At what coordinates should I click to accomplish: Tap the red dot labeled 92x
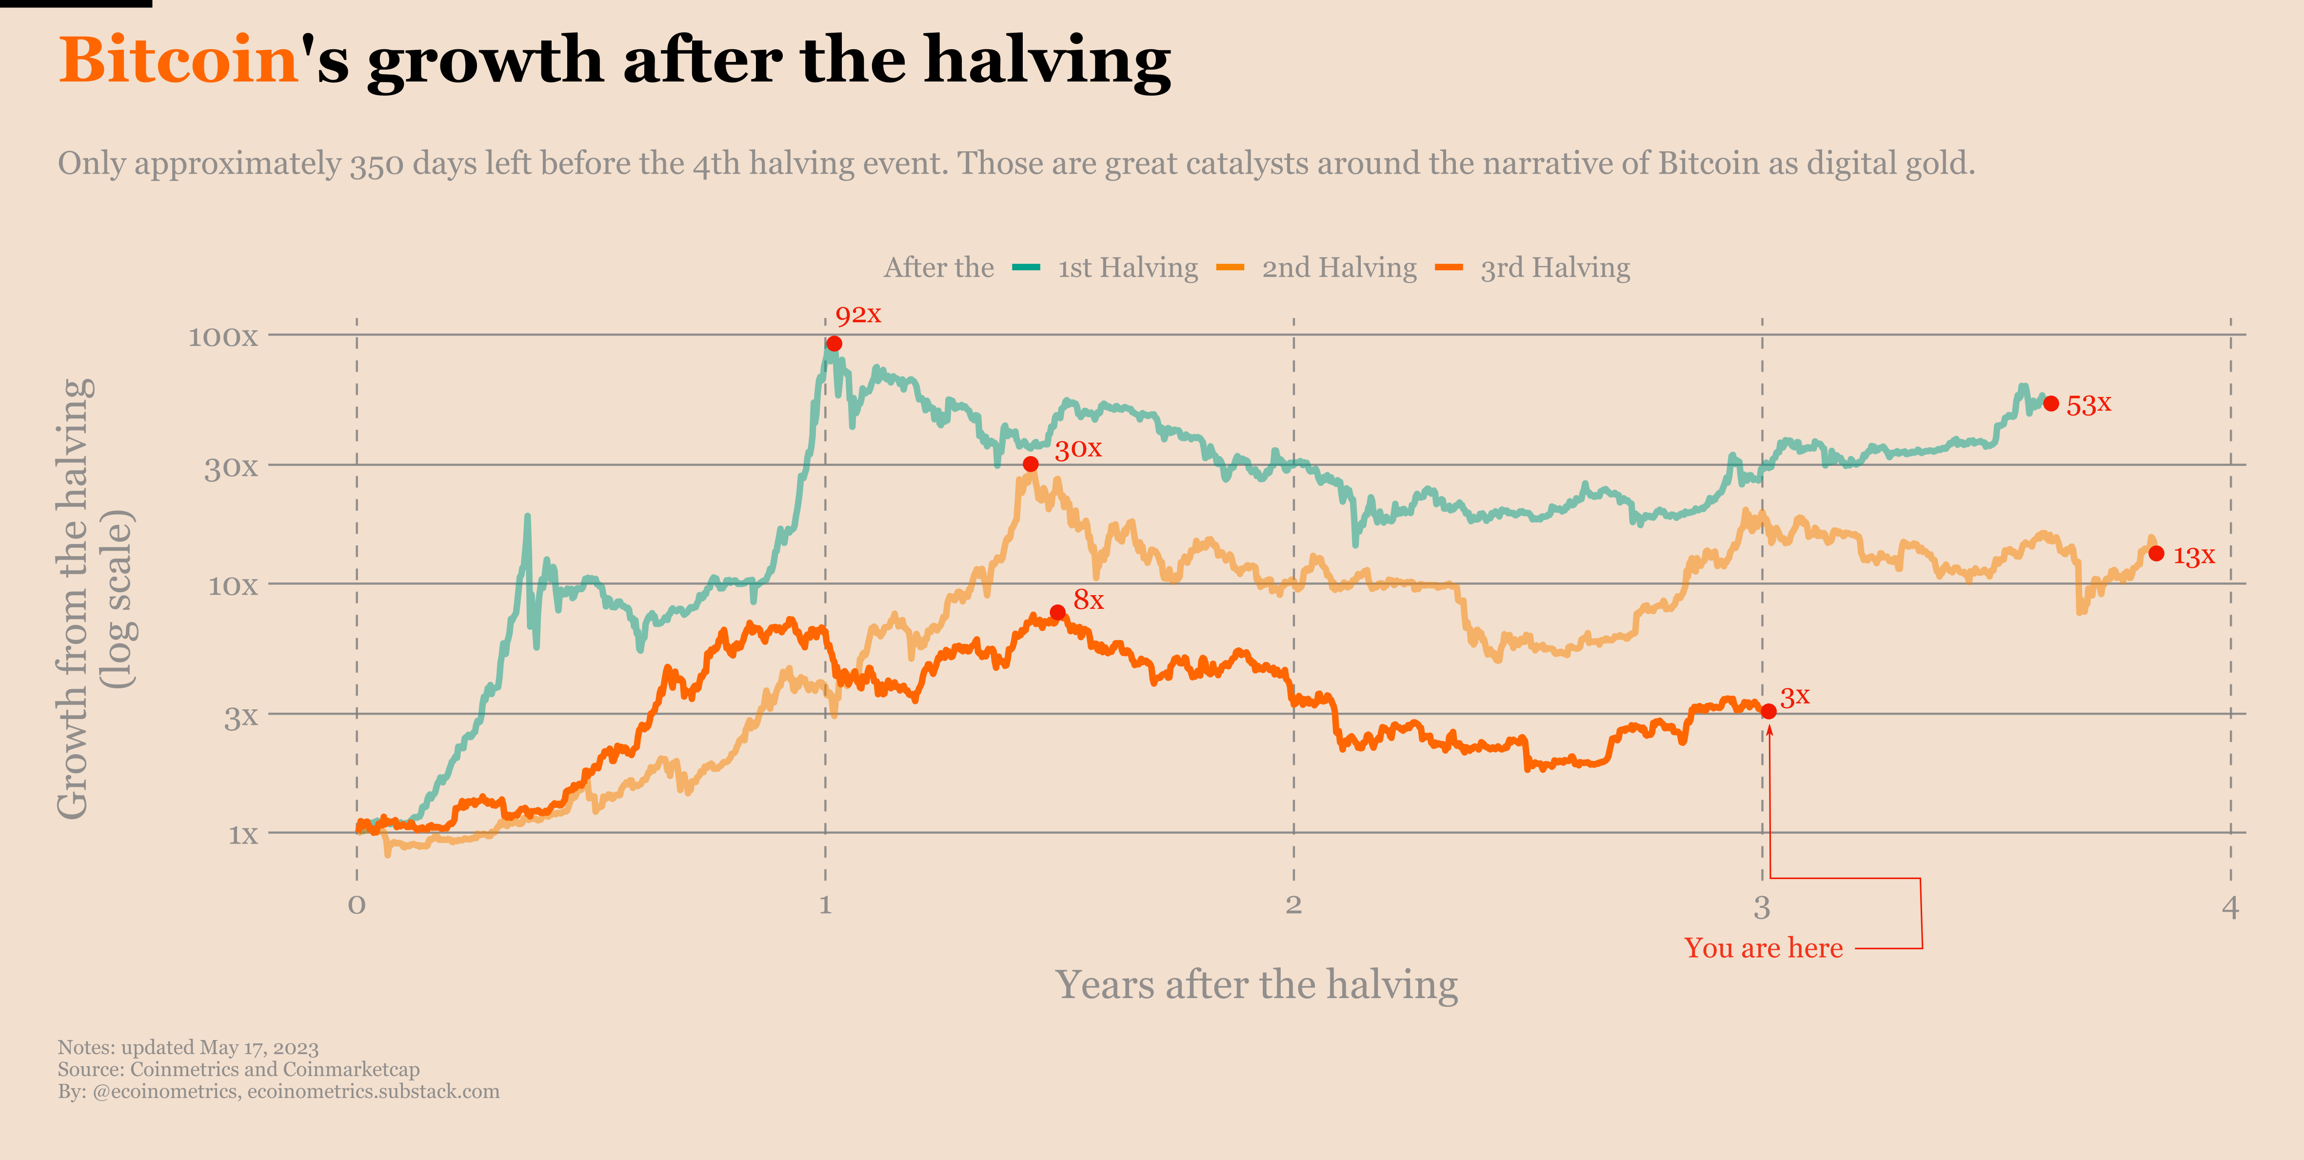tap(834, 343)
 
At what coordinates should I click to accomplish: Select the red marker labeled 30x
tap(1031, 464)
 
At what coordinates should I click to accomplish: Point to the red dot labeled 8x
tap(1057, 613)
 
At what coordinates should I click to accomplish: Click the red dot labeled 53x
tap(2051, 403)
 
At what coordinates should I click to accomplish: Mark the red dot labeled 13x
tap(2156, 554)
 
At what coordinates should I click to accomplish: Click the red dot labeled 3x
tap(1768, 711)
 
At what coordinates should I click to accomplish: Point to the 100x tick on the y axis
tap(223, 337)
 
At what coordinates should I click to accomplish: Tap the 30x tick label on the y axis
tap(231, 467)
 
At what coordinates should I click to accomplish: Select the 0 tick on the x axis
tap(357, 905)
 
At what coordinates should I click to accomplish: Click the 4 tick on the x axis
tap(2230, 907)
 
